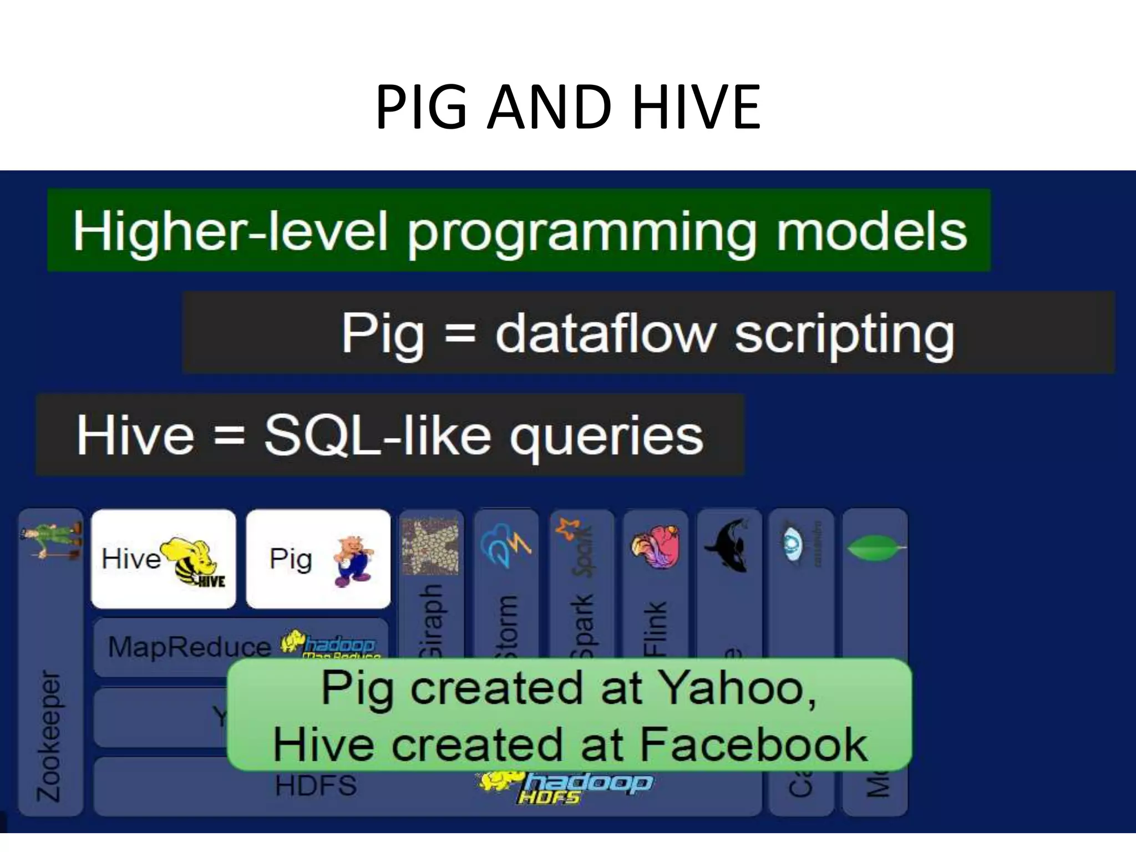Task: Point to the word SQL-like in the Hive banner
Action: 377,436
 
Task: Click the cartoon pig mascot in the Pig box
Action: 353,560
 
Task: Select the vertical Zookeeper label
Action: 49,736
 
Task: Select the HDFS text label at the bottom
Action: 316,785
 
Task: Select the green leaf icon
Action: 875,547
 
